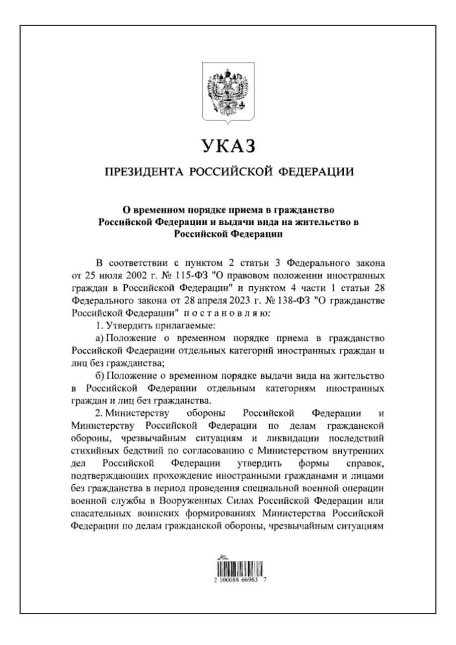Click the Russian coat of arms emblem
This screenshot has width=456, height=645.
click(228, 91)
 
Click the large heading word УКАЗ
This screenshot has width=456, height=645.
click(228, 146)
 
